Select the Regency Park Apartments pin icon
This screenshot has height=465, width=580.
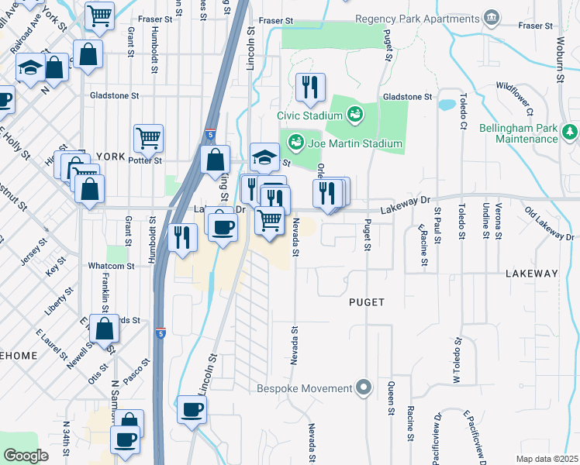click(x=491, y=17)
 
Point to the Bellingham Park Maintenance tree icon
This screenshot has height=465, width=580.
click(x=571, y=132)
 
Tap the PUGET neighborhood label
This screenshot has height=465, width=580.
click(x=367, y=302)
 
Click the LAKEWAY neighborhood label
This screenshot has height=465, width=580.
click(x=531, y=274)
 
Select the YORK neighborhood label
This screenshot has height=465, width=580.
click(x=110, y=156)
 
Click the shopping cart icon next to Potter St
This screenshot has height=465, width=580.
click(x=148, y=139)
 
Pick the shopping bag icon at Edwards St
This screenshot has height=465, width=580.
click(x=104, y=329)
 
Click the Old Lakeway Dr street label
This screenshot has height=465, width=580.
click(x=549, y=224)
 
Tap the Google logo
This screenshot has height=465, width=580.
click(x=26, y=455)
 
